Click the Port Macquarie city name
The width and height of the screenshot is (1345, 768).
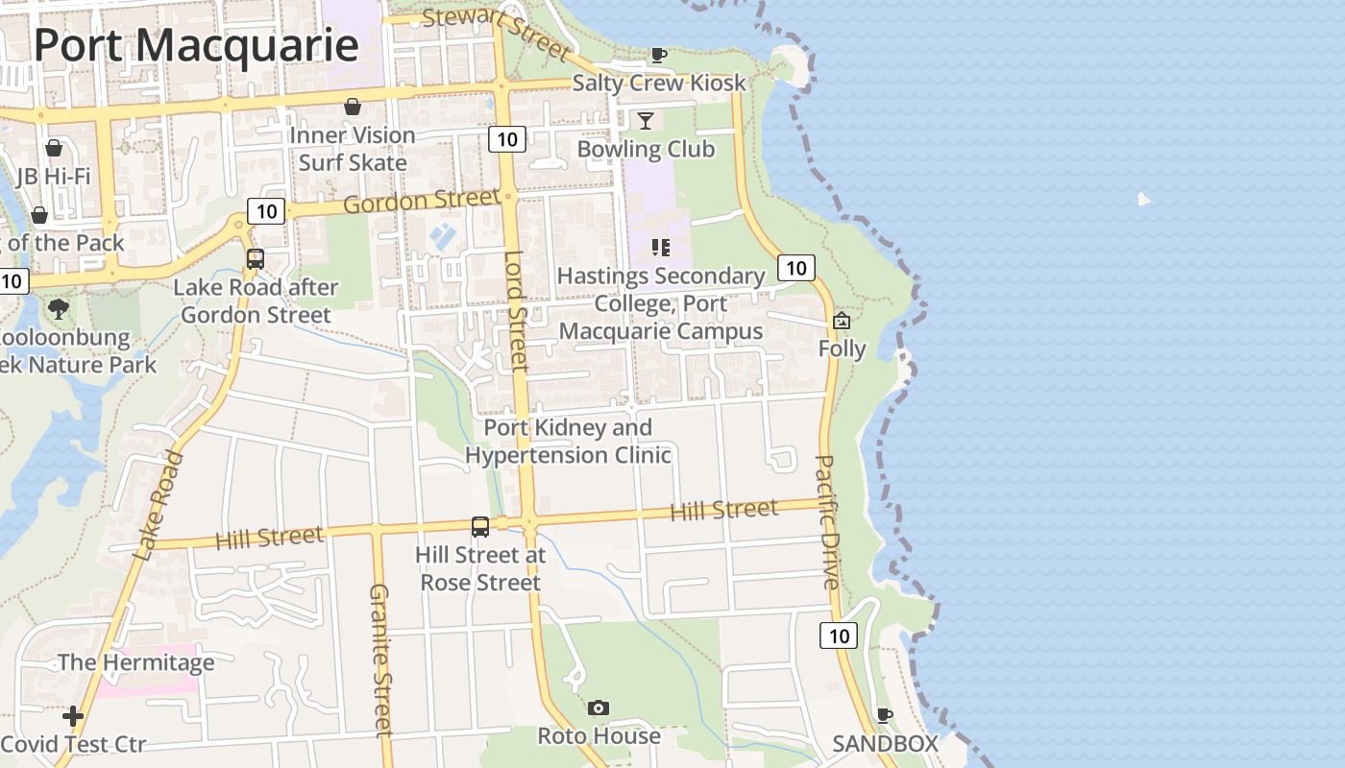(196, 46)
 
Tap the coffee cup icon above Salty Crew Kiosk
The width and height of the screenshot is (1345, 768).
(658, 55)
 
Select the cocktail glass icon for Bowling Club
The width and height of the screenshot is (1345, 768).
(646, 120)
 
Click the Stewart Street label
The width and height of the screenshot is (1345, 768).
(496, 33)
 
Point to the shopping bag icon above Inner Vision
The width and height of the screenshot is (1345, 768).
(353, 107)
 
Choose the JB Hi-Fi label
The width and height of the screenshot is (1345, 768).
(54, 177)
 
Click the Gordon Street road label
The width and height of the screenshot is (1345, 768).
(421, 203)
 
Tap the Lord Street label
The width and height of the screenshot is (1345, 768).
(517, 311)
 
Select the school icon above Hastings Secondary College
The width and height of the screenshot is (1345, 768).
(660, 248)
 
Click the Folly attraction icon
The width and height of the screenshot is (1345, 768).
(842, 321)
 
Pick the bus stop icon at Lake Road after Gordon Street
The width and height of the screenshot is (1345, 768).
(255, 259)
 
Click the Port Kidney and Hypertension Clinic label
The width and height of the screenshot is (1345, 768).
(568, 441)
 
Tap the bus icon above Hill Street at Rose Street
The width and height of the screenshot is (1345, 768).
(480, 526)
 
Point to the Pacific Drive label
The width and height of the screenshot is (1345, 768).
(827, 521)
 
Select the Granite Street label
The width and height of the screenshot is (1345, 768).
(380, 659)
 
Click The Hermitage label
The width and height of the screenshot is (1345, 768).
(135, 662)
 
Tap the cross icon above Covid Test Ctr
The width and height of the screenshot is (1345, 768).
(73, 716)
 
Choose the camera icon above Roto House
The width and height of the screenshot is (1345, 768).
(599, 708)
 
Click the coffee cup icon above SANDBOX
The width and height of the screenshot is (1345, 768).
(885, 715)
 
